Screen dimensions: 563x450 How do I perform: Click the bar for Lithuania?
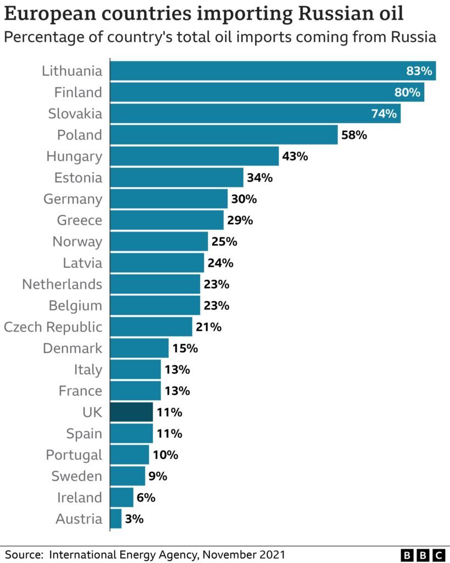click(x=273, y=71)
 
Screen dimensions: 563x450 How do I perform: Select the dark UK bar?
click(x=131, y=412)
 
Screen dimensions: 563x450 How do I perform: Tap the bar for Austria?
click(x=116, y=518)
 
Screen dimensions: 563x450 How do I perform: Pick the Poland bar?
click(x=224, y=135)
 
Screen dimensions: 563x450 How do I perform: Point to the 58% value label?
click(x=354, y=135)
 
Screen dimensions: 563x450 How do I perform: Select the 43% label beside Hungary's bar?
click(x=295, y=156)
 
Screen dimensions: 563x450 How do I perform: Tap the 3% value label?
click(x=134, y=518)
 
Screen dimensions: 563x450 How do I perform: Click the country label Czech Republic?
click(x=53, y=327)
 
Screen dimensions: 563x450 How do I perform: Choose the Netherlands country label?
click(x=62, y=284)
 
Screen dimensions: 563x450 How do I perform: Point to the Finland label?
click(x=78, y=92)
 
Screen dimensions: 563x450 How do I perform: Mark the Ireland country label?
click(x=80, y=498)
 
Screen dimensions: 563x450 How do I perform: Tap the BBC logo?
click(x=423, y=555)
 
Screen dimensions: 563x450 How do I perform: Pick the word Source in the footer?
click(x=24, y=554)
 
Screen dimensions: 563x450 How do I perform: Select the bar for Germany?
click(x=169, y=198)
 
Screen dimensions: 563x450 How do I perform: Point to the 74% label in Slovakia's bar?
click(x=384, y=114)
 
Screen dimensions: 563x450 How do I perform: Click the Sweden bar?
click(x=127, y=476)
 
